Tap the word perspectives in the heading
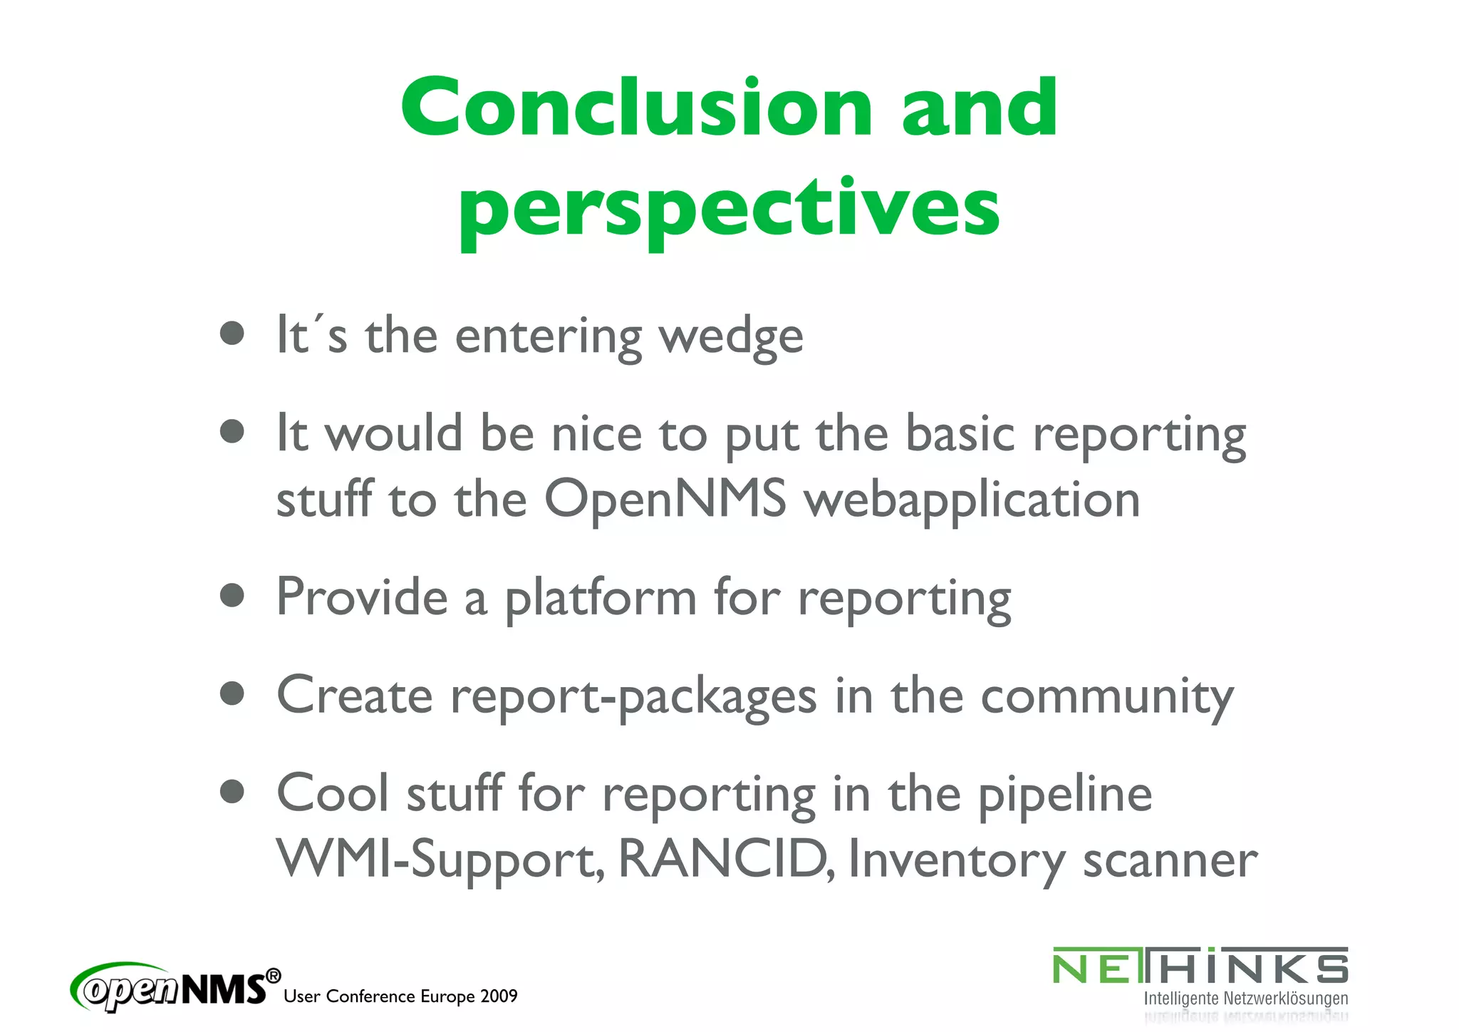click(729, 208)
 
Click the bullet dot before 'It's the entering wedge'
click(232, 333)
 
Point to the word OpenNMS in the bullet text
click(665, 499)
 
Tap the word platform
click(601, 599)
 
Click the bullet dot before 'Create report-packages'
click(232, 693)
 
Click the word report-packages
click(633, 697)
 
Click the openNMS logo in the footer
click(175, 986)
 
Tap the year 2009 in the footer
click(499, 996)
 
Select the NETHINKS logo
click(1200, 968)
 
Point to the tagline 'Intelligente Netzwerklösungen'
click(1245, 999)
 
